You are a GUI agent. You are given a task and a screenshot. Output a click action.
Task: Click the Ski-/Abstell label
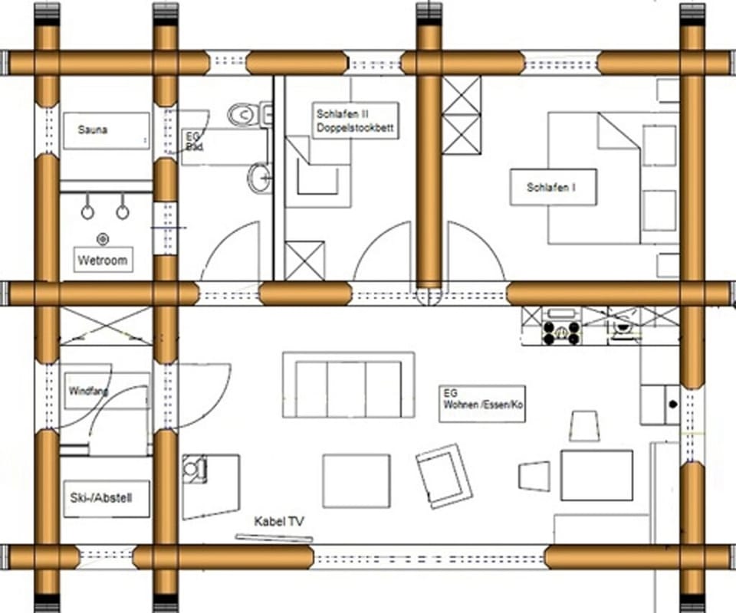106,498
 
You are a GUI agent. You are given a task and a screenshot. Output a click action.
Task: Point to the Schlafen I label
553,187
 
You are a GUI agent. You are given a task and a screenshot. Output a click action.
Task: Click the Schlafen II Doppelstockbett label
355,121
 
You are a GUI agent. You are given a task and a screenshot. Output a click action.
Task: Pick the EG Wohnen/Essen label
482,403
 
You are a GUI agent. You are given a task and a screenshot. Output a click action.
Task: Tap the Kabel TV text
279,521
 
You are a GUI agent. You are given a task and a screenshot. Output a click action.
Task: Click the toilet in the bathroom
244,115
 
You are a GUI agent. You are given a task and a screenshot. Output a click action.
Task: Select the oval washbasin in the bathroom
259,179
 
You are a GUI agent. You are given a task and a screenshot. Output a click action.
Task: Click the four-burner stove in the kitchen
561,331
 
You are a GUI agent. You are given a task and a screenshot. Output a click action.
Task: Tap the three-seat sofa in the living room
348,385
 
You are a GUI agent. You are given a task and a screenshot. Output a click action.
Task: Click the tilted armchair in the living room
444,476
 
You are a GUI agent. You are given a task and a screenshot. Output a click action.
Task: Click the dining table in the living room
596,475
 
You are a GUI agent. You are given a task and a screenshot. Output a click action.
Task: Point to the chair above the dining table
584,425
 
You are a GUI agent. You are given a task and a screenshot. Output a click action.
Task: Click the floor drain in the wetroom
103,238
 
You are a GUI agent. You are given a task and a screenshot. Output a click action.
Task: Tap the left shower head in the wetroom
87,211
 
